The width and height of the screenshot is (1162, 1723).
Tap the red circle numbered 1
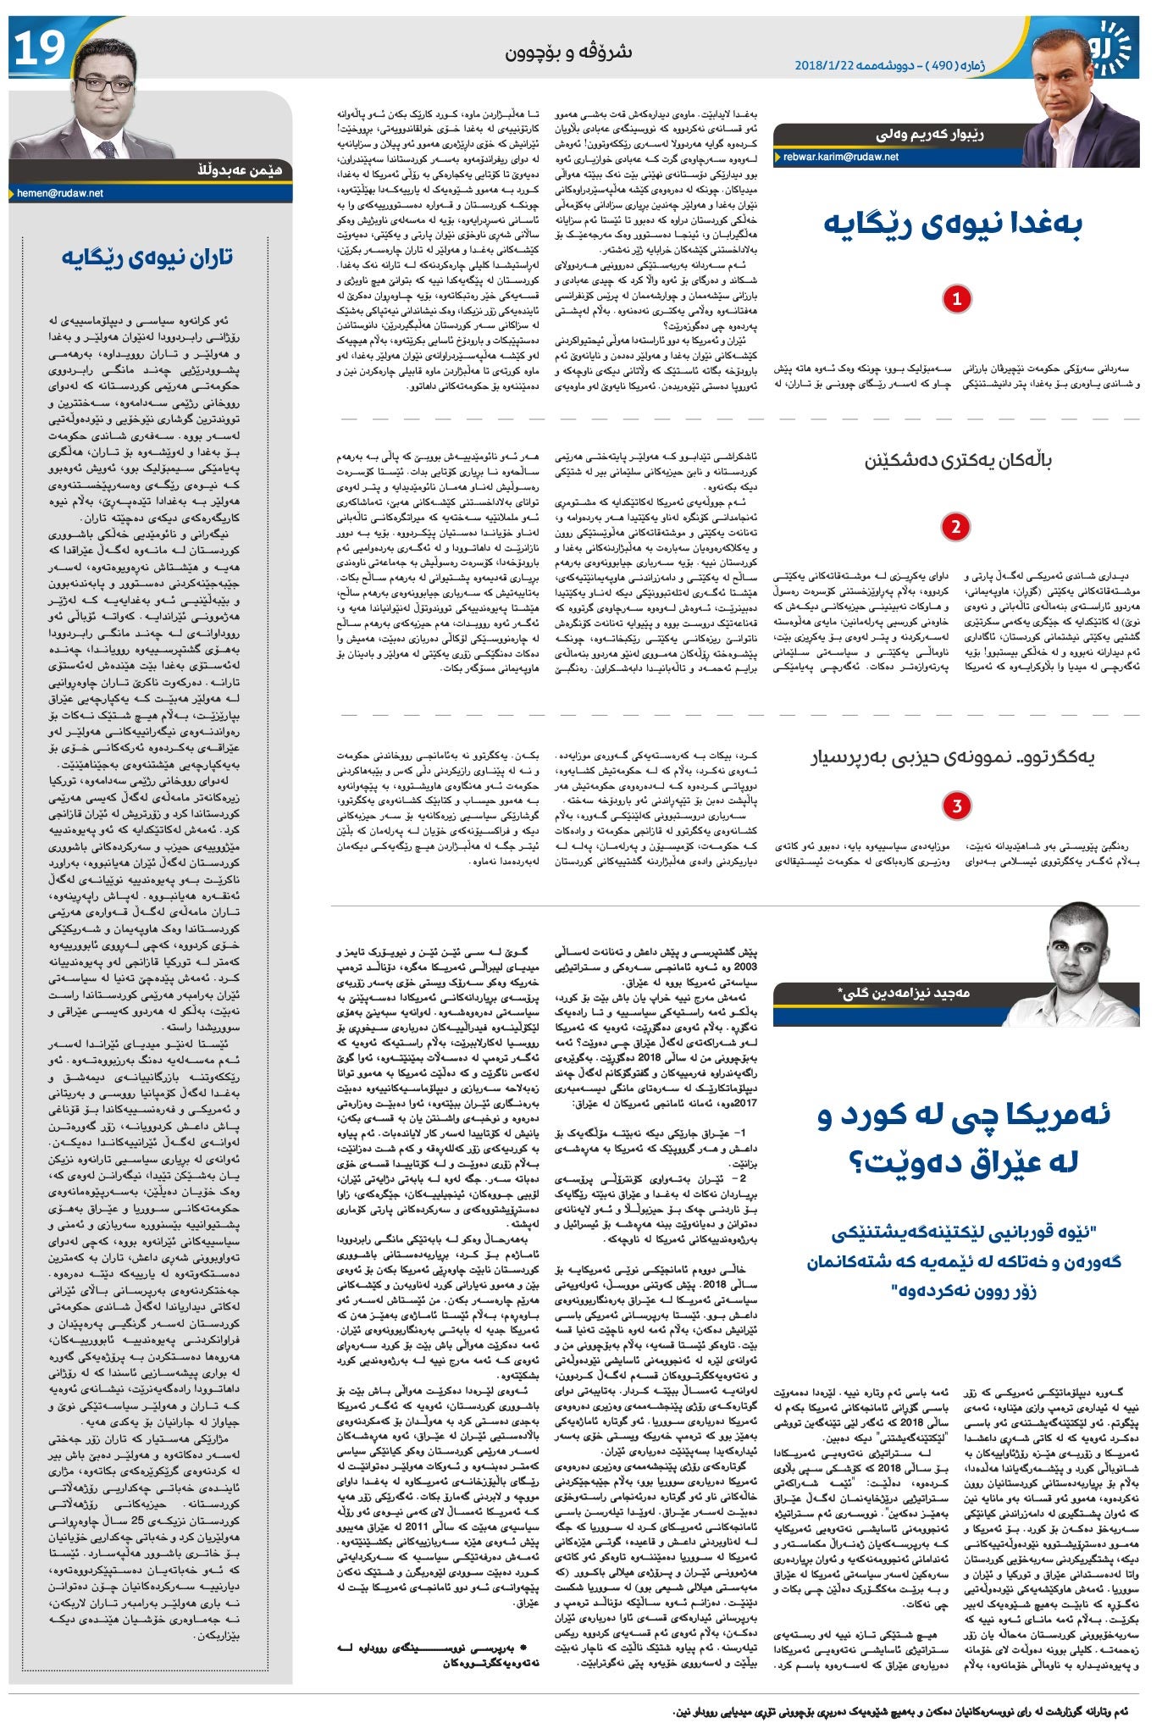tap(957, 299)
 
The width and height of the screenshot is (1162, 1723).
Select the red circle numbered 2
tap(955, 527)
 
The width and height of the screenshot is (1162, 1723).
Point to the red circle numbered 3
tap(957, 806)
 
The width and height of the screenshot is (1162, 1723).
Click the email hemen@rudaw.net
tap(60, 193)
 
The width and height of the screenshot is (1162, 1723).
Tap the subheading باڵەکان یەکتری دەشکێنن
tap(958, 462)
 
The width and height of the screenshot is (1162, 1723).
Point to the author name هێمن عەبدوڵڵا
tap(239, 171)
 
